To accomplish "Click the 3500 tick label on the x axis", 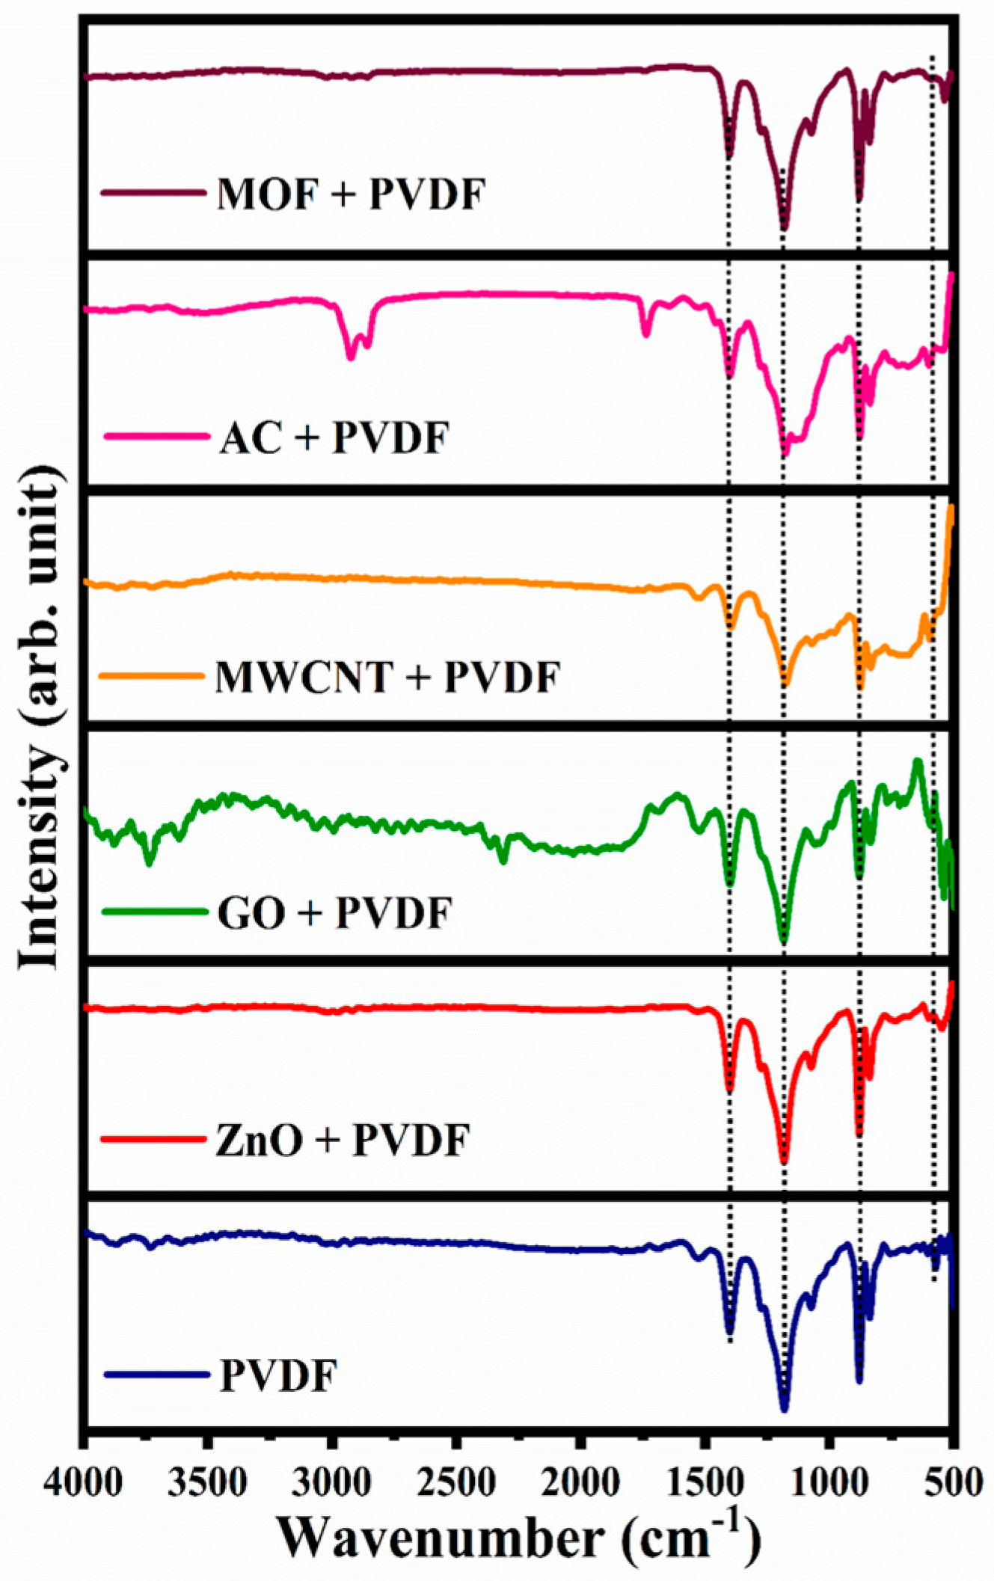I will click(x=206, y=1481).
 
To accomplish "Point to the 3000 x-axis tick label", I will click(x=330, y=1481).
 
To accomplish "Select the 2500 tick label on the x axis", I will click(x=454, y=1481).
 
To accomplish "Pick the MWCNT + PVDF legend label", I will click(x=387, y=678).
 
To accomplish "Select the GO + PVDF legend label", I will click(x=335, y=913).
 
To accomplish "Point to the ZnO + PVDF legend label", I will click(x=343, y=1141).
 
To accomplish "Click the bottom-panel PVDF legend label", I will click(x=278, y=1375).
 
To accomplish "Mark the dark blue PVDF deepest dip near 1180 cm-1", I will click(x=784, y=1407).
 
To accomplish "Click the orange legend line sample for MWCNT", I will click(x=152, y=675).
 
